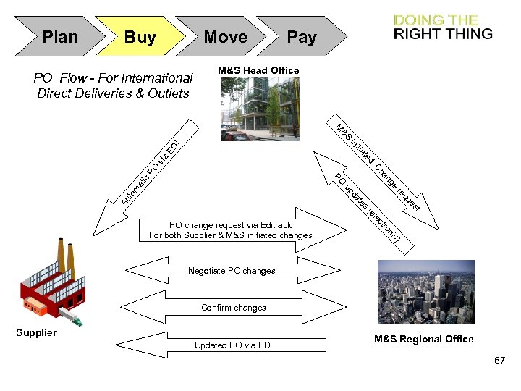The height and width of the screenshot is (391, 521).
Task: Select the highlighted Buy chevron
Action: click(140, 37)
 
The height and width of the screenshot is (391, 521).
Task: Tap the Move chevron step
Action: click(225, 37)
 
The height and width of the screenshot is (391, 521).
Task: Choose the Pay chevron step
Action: click(302, 37)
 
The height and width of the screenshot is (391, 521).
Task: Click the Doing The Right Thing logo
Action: click(443, 27)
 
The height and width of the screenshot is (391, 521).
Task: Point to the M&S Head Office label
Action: click(258, 70)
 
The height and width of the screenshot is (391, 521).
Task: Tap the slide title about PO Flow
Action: click(114, 85)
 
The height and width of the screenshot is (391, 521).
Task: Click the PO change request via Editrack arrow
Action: click(230, 230)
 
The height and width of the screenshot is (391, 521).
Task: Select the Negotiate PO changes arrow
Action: click(232, 271)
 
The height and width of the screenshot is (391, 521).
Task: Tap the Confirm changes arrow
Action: click(233, 308)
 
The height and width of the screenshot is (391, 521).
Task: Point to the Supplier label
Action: click(36, 333)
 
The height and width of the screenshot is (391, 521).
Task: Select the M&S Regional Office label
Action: click(423, 339)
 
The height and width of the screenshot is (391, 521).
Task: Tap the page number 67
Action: click(499, 360)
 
